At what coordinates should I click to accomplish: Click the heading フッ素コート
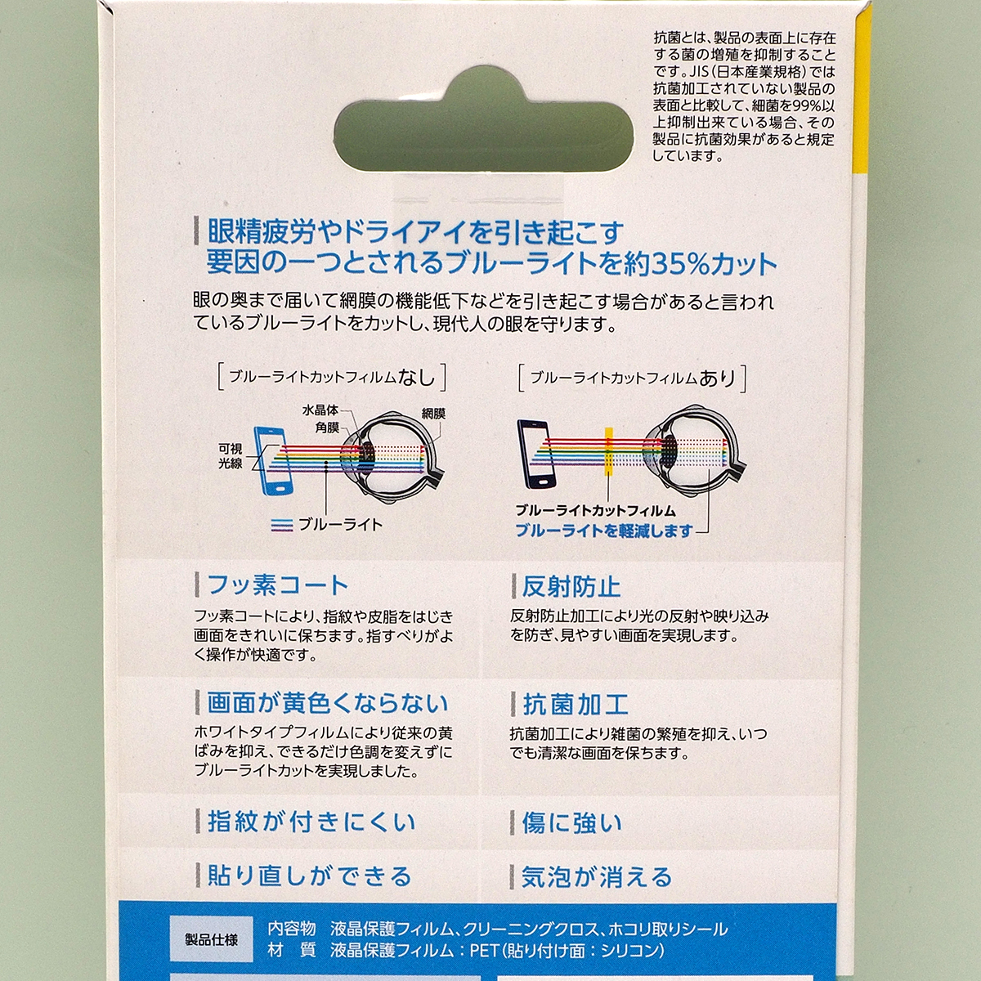[x=277, y=585]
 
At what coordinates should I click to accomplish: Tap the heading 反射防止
[x=571, y=586]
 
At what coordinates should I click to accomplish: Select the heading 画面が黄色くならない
[x=327, y=703]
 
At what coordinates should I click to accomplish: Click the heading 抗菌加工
[x=575, y=704]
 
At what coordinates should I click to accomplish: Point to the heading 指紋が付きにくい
[x=311, y=822]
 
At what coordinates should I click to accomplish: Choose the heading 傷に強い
[x=571, y=822]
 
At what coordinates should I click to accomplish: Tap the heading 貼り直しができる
[x=309, y=876]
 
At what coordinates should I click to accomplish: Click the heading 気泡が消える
[x=597, y=877]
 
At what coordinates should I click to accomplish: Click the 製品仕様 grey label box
[x=211, y=940]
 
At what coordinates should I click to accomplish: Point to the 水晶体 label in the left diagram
[x=320, y=410]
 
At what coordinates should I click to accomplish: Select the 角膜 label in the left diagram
[x=327, y=427]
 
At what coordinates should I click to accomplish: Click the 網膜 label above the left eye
[x=433, y=414]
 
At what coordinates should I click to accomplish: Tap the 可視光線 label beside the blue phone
[x=230, y=456]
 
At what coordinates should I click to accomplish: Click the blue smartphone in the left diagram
[x=273, y=459]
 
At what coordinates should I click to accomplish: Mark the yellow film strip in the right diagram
[x=609, y=450]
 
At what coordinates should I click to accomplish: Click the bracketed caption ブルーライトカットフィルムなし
[x=332, y=377]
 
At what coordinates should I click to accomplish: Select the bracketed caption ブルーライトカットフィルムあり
[x=633, y=378]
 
